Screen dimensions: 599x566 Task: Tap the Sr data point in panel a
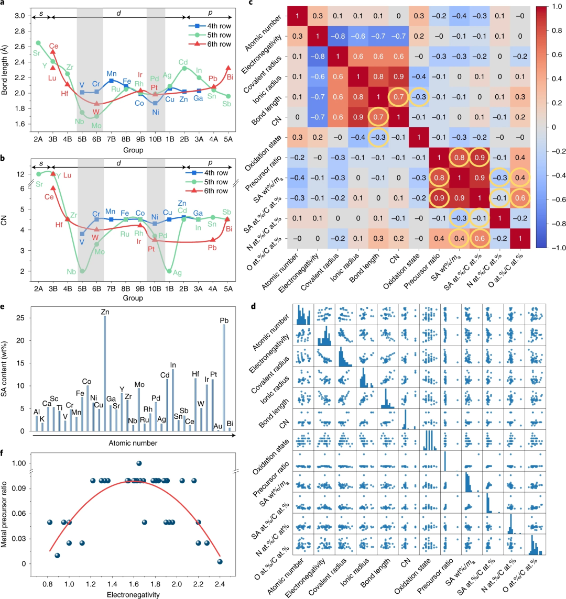[38, 42]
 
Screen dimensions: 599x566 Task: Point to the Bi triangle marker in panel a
[227, 68]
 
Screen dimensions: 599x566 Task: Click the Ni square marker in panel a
[156, 103]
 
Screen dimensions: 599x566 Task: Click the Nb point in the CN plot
[82, 271]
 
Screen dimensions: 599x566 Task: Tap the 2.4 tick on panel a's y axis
[25, 62]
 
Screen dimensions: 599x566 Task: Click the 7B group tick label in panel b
[111, 288]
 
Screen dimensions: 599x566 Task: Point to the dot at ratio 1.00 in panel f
[139, 463]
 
